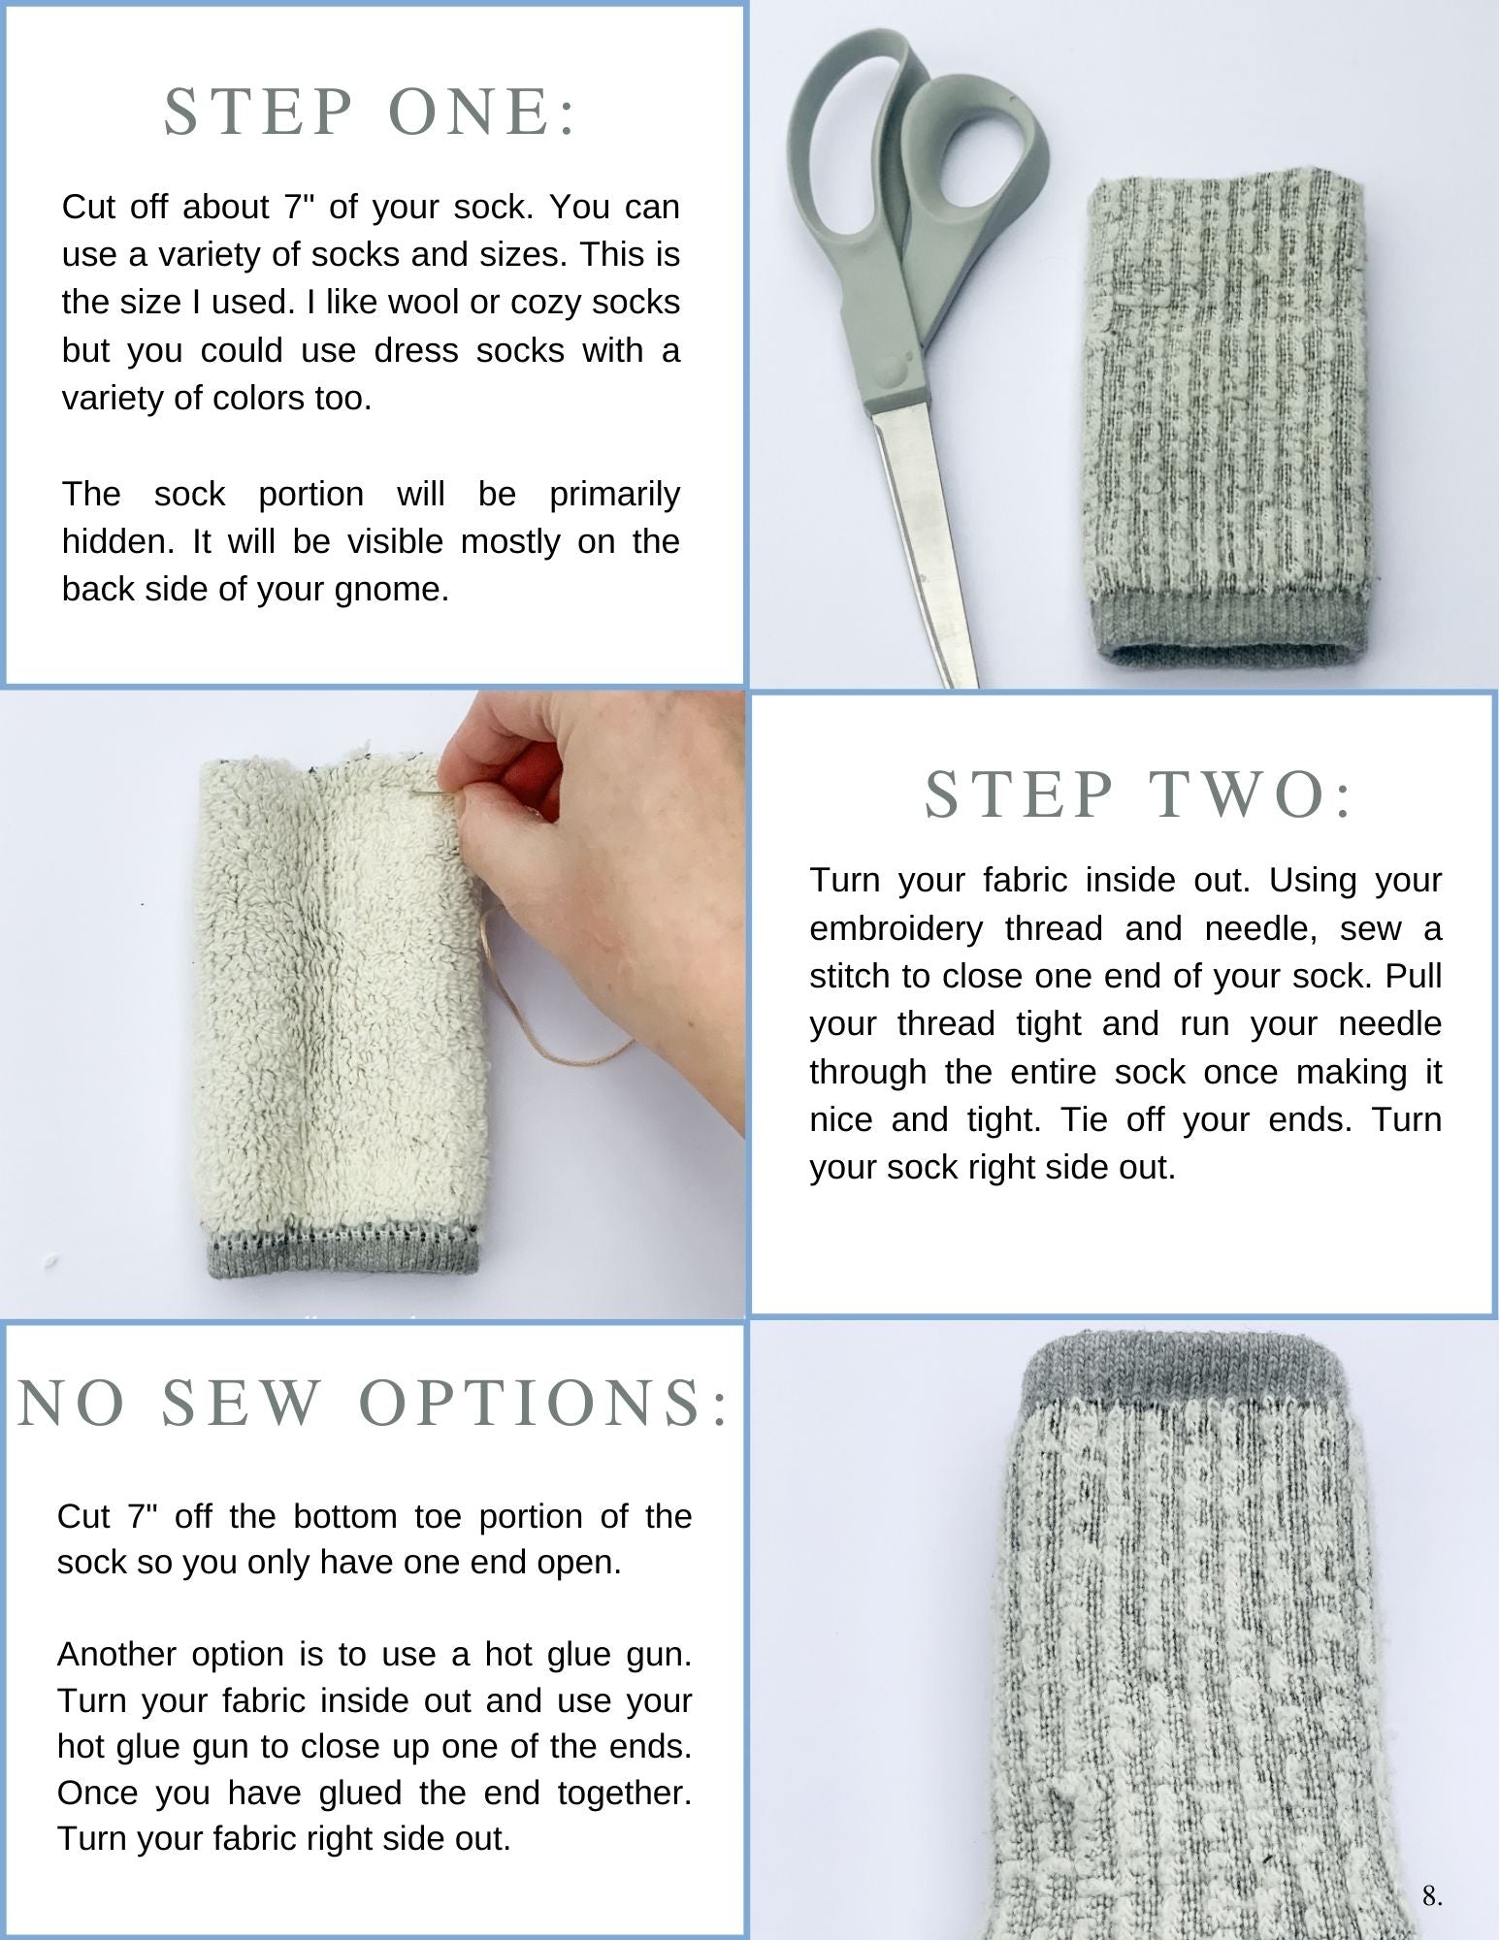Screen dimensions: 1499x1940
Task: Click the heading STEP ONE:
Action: (x=371, y=112)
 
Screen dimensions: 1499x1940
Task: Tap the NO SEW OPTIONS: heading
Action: (x=374, y=1403)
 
